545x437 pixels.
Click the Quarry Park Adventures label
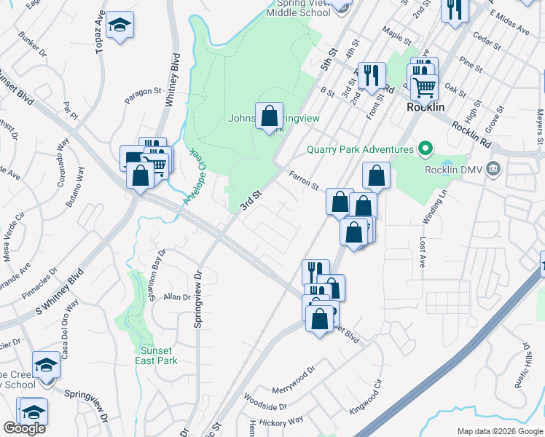(x=359, y=150)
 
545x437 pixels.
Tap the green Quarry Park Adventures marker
(x=425, y=150)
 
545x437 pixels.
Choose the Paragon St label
(x=142, y=92)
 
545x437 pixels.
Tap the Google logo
(x=24, y=428)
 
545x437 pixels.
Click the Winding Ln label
(x=435, y=206)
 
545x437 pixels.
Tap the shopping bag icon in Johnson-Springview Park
(x=269, y=116)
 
